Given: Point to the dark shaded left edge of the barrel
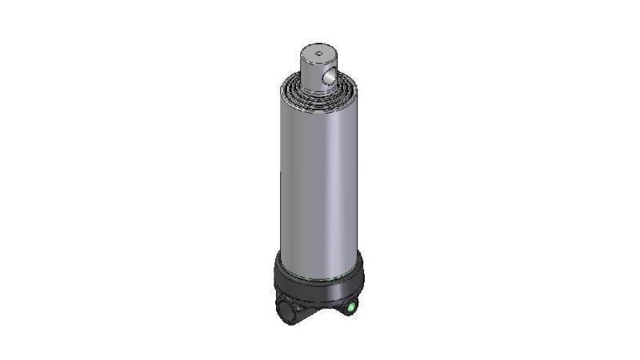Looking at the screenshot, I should (x=282, y=176).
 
